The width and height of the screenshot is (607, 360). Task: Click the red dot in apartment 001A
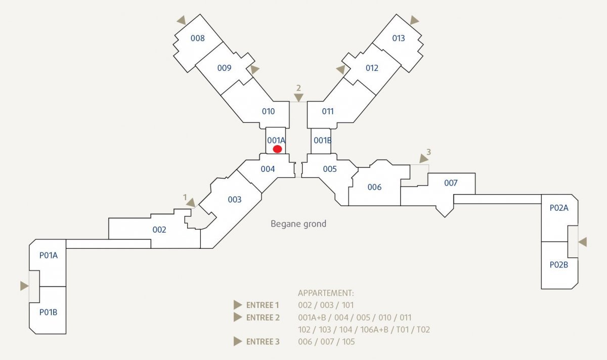point(277,149)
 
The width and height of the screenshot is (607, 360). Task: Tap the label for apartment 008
point(198,38)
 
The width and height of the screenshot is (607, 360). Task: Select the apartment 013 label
point(399,38)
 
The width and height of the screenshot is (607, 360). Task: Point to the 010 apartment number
point(268,111)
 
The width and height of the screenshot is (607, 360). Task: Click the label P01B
point(48,312)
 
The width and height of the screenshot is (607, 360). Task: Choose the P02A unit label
point(559,208)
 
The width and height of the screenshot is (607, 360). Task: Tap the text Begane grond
point(298,224)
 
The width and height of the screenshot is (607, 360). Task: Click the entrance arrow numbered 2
point(298,98)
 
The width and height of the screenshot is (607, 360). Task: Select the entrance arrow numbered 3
point(423,158)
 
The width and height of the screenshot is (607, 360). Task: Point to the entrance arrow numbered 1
point(191,203)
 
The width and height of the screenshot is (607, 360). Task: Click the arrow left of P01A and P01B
point(24,286)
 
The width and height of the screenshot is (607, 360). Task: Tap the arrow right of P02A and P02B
point(583,242)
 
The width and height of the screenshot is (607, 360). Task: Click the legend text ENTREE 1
point(263,305)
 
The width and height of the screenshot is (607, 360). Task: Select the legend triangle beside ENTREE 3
point(238,342)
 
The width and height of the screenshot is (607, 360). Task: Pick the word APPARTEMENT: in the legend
point(326,293)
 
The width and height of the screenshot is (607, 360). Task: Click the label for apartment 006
point(374,187)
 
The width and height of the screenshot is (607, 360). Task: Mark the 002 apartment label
point(159,230)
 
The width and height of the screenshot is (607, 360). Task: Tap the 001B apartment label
point(323,141)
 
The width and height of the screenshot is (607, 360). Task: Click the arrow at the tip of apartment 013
point(414,20)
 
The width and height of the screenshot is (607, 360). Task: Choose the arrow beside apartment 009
point(255,69)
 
